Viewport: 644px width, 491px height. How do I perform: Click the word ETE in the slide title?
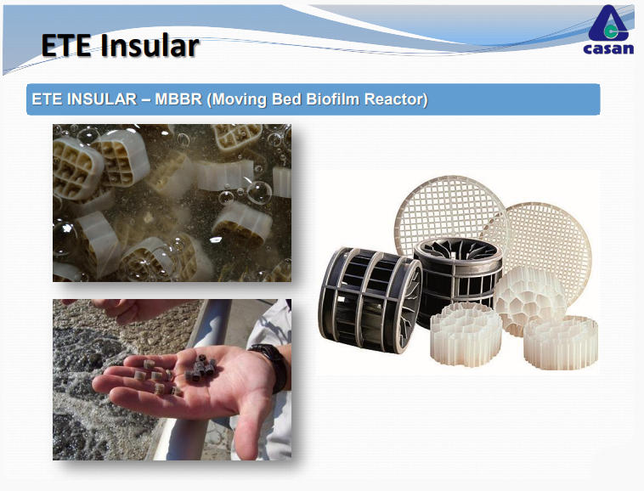[x=66, y=45]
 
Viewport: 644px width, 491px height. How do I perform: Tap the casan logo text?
[x=608, y=49]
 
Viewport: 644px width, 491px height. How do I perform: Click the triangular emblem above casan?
[x=608, y=24]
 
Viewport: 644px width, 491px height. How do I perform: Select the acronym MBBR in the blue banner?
[x=178, y=99]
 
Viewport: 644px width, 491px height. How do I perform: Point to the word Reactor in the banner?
[x=396, y=99]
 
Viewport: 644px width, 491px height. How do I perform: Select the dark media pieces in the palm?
[x=200, y=368]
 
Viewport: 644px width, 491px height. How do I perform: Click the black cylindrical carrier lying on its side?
[x=370, y=299]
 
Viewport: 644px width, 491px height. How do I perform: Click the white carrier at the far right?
[x=561, y=342]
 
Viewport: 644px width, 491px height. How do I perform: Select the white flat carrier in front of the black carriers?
[x=466, y=334]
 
